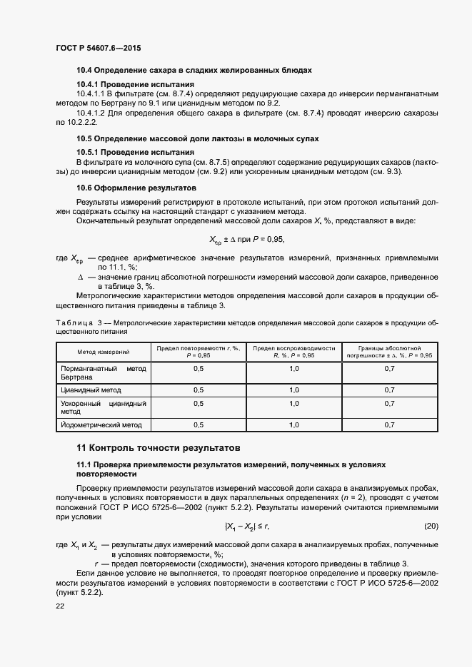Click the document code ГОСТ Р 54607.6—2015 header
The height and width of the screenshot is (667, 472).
pyautogui.click(x=98, y=48)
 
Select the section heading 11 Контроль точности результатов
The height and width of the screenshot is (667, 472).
pyautogui.click(x=158, y=448)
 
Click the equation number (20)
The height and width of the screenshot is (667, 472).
pyautogui.click(x=431, y=526)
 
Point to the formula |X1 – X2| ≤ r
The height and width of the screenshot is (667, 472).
pyautogui.click(x=246, y=526)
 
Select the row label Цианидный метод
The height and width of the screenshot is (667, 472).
pyautogui.click(x=91, y=390)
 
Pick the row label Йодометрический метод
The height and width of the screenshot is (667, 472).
pyautogui.click(x=101, y=424)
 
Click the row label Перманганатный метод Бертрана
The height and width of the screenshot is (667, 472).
pyautogui.click(x=103, y=372)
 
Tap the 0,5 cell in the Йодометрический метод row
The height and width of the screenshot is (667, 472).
pyautogui.click(x=199, y=424)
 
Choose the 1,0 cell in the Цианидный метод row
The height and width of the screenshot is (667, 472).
pyautogui.click(x=293, y=390)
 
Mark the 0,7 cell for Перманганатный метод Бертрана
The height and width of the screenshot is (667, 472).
pyautogui.click(x=389, y=368)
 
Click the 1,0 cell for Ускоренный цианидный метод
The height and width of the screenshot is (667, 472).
pyautogui.click(x=293, y=403)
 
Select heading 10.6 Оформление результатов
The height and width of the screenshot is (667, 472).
pyautogui.click(x=136, y=188)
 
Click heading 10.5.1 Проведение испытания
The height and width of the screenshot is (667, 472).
pyautogui.click(x=135, y=152)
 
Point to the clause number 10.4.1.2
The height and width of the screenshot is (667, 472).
pyautogui.click(x=93, y=113)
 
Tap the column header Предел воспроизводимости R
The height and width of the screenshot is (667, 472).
pyautogui.click(x=293, y=351)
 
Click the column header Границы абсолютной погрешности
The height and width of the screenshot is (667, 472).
pyautogui.click(x=389, y=351)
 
